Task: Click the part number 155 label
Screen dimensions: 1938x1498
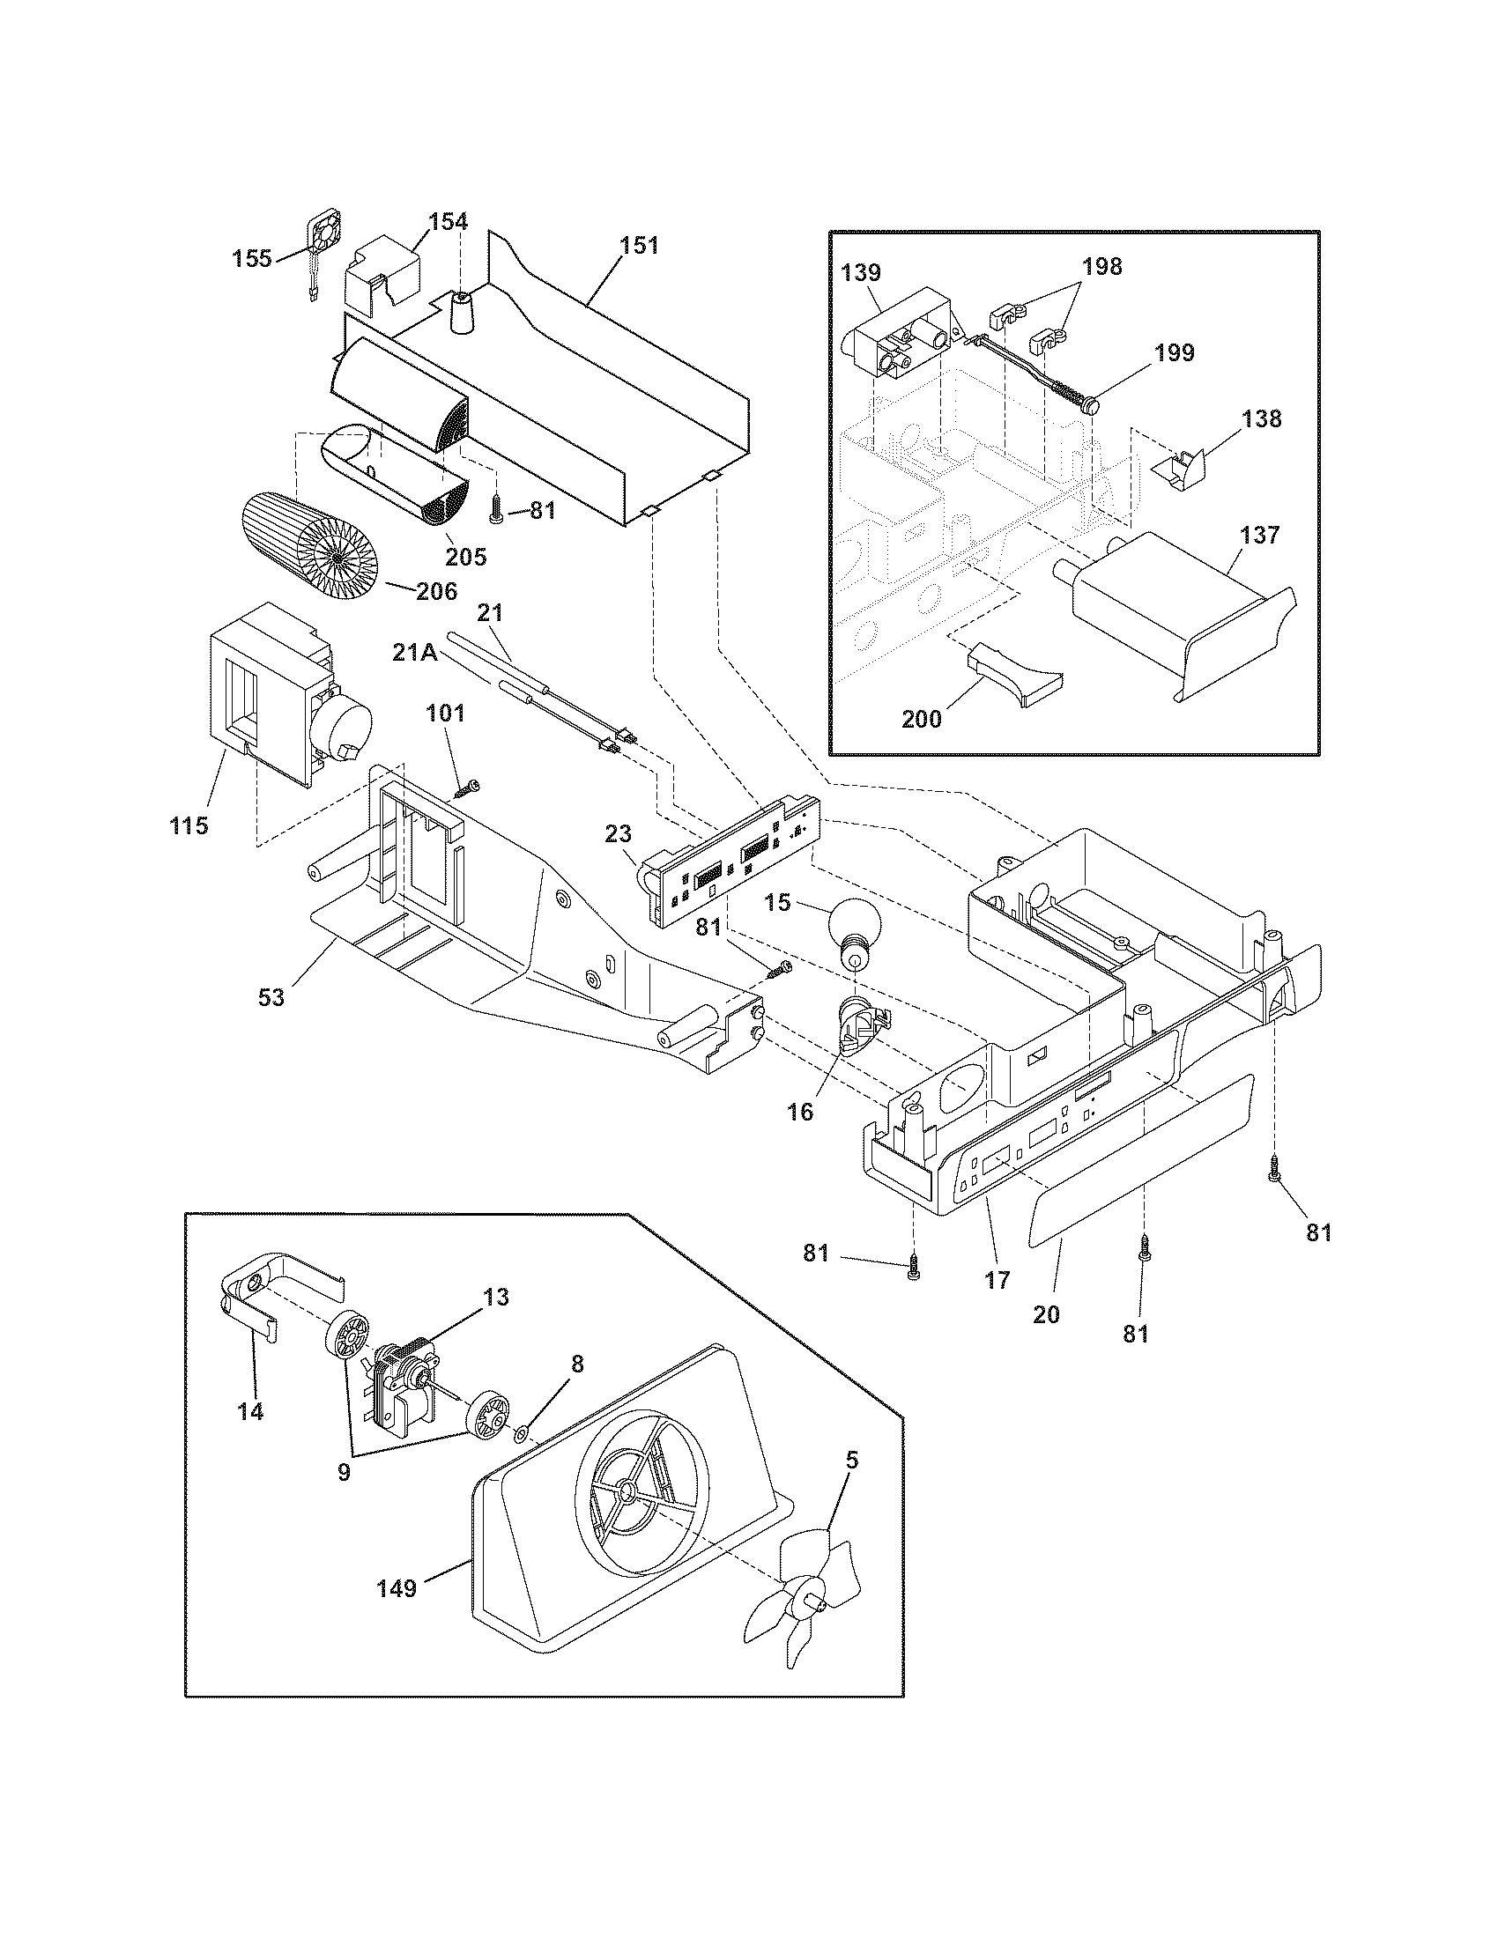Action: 252,259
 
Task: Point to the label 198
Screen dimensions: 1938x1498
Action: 1101,266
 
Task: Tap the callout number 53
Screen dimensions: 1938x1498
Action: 271,996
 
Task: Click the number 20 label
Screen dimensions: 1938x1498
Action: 1047,1313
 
